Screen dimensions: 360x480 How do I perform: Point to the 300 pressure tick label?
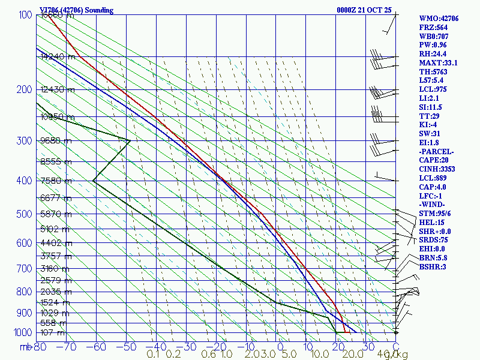(x=25, y=140)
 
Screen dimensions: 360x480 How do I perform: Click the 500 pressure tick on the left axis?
(x=25, y=214)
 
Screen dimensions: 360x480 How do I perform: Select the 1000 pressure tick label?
(x=22, y=332)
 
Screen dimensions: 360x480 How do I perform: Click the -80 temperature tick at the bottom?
(x=40, y=346)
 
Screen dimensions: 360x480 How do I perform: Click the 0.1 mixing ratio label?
(x=153, y=355)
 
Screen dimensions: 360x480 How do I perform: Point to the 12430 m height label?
(x=58, y=90)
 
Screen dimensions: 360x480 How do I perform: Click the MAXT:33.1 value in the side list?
(x=439, y=62)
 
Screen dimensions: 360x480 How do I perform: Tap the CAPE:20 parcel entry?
(x=434, y=160)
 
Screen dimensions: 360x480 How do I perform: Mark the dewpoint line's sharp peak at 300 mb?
(x=130, y=140)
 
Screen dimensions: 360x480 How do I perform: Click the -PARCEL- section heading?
(x=437, y=151)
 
